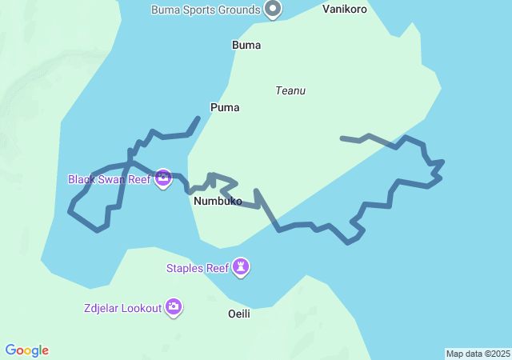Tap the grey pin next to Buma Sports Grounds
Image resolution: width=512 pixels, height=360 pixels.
[x=273, y=9]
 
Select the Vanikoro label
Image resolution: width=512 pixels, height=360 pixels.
[x=345, y=10]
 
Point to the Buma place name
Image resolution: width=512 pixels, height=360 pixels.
[x=246, y=45]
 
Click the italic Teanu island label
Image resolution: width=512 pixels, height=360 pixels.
[x=290, y=90]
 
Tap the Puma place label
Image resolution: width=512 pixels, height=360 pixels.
[x=225, y=107]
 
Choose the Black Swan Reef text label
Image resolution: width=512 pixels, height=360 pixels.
[x=110, y=179]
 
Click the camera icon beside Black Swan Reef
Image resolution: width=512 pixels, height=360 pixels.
[x=163, y=178]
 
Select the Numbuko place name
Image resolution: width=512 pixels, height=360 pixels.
[x=218, y=202]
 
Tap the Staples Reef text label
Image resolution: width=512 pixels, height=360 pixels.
[x=198, y=268]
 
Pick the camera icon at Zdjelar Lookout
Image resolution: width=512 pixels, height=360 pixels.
[x=174, y=306]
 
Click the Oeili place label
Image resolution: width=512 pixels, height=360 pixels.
[x=239, y=314]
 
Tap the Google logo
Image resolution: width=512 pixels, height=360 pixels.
[x=27, y=350]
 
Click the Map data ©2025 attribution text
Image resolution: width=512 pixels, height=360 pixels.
[x=478, y=354]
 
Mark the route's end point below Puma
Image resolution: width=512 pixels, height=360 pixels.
[x=198, y=118]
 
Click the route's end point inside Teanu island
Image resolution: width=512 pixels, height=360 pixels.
[x=342, y=138]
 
